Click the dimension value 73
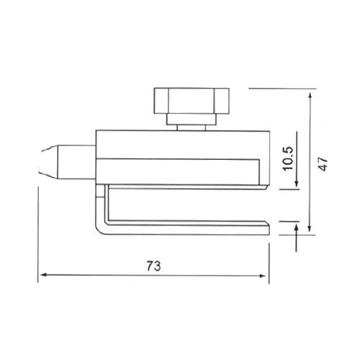pyautogui.click(x=154, y=266)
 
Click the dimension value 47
pyautogui.click(x=324, y=164)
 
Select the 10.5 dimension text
pyautogui.click(x=288, y=158)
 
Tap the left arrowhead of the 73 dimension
pyautogui.click(x=42, y=275)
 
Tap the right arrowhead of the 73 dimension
pyautogui.click(x=263, y=276)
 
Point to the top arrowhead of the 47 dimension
pyautogui.click(x=310, y=96)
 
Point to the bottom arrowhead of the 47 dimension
pyautogui.click(x=310, y=229)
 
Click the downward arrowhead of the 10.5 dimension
pyautogui.click(x=297, y=184)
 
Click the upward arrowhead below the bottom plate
pyautogui.click(x=297, y=228)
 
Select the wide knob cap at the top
pyautogui.click(x=192, y=101)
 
